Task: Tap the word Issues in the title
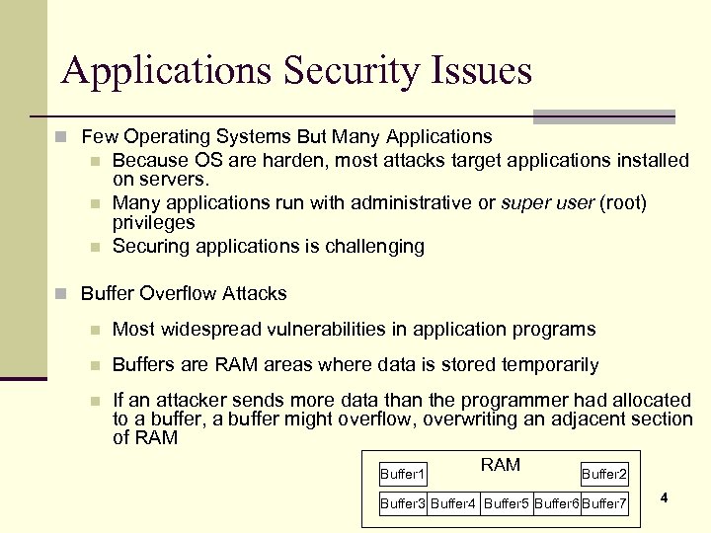point(484,71)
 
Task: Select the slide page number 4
point(664,497)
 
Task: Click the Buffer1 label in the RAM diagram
point(403,475)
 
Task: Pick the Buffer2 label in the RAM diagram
point(603,475)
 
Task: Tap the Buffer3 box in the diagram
point(403,503)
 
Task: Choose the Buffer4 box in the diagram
point(453,503)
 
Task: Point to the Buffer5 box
point(506,503)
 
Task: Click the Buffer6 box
point(557,503)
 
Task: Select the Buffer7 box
point(604,503)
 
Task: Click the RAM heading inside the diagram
point(500,465)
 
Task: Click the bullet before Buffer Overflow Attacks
point(61,294)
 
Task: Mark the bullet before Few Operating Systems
point(61,137)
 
